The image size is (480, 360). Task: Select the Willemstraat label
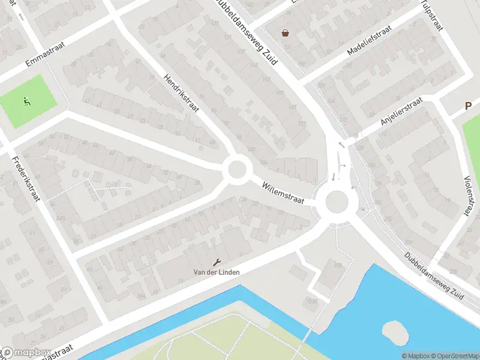(283, 193)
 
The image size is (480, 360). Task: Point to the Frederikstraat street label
(25, 178)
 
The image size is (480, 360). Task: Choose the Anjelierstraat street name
(401, 112)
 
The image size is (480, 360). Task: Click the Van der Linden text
(217, 272)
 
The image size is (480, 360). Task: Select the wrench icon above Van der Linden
(217, 262)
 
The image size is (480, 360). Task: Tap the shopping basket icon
(285, 33)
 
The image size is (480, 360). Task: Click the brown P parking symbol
(468, 106)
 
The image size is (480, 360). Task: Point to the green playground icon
(26, 102)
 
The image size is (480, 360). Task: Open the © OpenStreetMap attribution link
(454, 356)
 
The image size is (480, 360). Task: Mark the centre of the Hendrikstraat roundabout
(237, 169)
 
